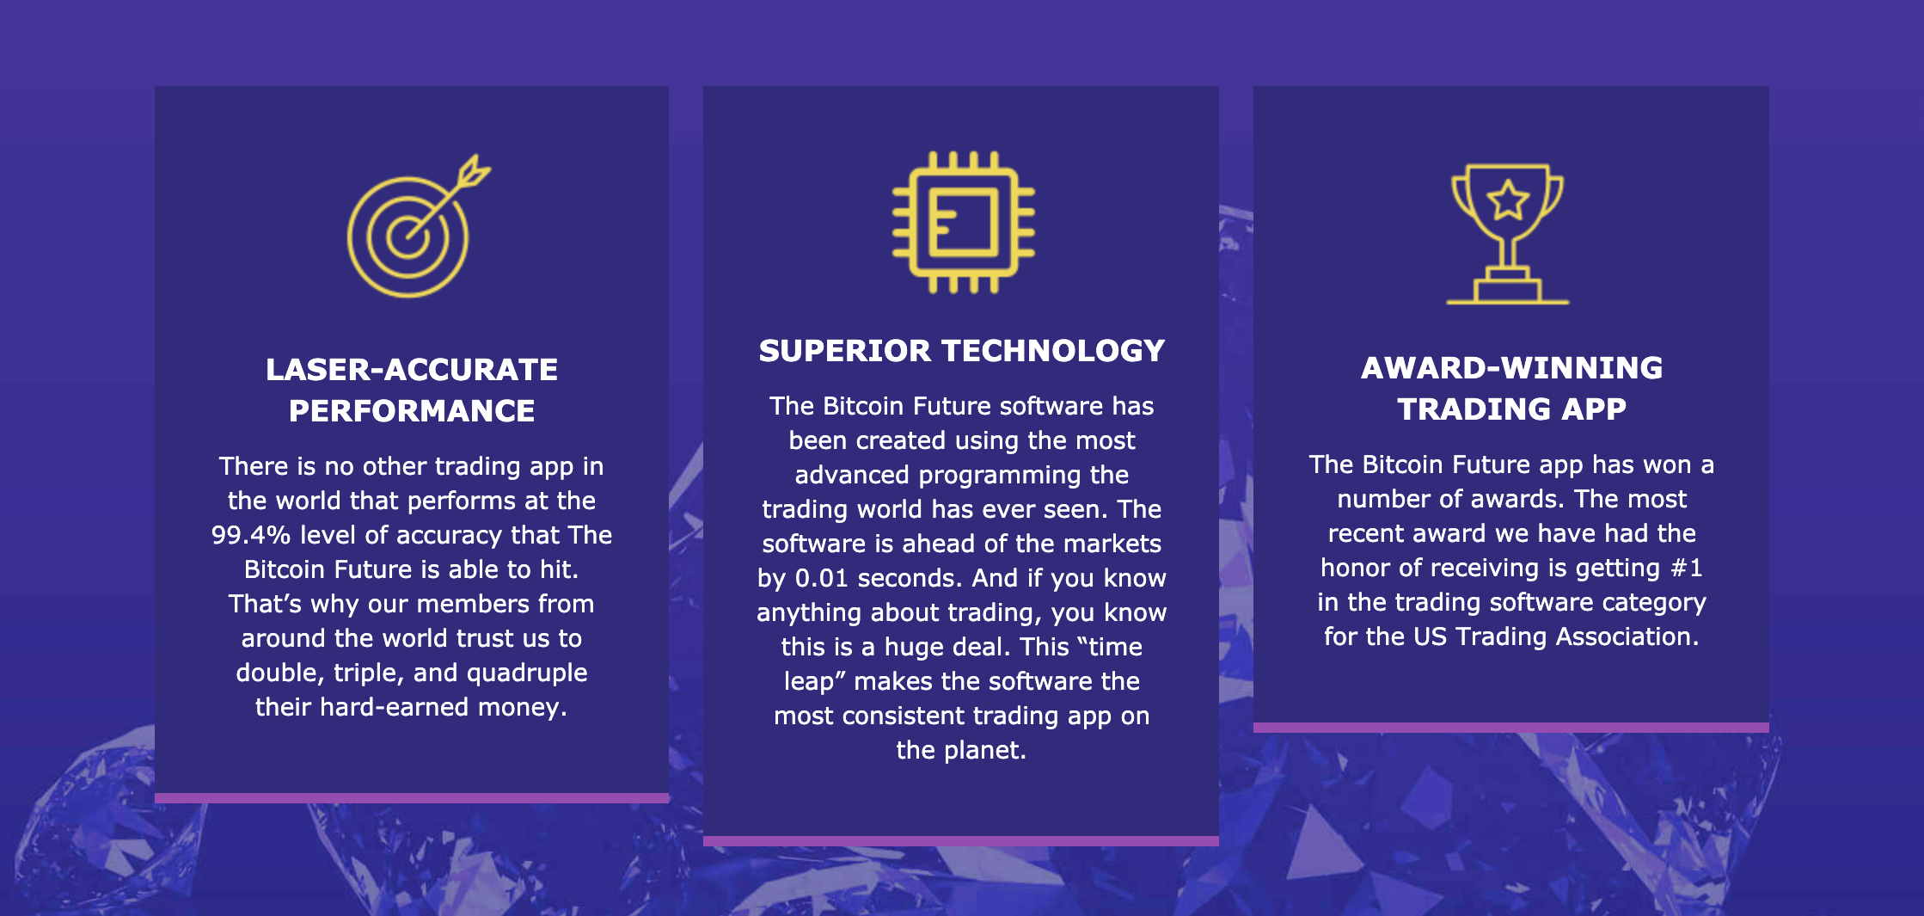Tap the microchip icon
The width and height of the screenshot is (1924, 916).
963,222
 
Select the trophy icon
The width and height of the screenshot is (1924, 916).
1508,234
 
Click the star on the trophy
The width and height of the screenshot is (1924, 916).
1508,200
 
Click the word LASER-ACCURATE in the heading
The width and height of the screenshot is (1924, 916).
412,370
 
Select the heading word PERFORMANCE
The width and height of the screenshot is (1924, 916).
412,411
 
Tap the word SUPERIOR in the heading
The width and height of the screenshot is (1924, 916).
844,351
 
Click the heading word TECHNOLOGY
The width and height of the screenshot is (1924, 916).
1053,351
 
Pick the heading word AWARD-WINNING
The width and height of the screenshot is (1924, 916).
1511,368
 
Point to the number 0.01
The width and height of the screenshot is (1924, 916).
822,578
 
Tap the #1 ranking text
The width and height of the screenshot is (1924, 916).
1687,568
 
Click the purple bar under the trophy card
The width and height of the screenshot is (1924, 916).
1511,728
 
